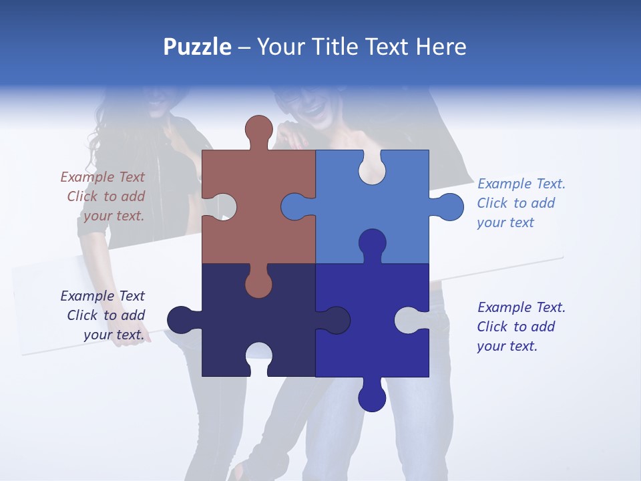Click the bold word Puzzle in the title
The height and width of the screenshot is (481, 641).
pyautogui.click(x=198, y=47)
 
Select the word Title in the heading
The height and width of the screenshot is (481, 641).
pyautogui.click(x=336, y=47)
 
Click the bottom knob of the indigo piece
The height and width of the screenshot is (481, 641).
pyautogui.click(x=372, y=397)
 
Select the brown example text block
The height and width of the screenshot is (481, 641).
pyautogui.click(x=103, y=196)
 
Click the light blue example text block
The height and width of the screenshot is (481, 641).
pyautogui.click(x=521, y=203)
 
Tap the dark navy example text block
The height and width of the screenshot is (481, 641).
pyautogui.click(x=103, y=315)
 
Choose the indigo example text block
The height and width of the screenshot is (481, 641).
pyautogui.click(x=521, y=327)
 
